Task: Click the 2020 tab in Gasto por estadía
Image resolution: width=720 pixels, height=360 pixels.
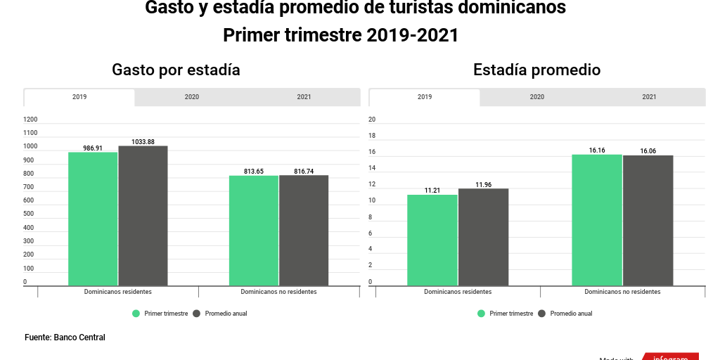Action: (191, 97)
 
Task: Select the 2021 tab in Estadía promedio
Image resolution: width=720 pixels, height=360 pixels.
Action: (649, 97)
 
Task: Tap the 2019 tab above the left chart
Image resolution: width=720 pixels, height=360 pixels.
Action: (79, 97)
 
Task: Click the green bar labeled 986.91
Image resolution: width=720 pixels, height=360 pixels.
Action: (93, 219)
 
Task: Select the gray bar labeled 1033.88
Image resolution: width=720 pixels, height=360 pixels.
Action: (143, 215)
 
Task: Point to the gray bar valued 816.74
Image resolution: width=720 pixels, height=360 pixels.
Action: (304, 231)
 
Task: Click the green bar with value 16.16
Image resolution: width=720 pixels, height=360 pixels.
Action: (597, 220)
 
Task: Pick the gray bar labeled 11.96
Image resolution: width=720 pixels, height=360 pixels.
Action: (483, 237)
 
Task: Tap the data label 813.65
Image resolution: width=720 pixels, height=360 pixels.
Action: (253, 171)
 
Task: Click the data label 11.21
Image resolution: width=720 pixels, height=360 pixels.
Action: (432, 191)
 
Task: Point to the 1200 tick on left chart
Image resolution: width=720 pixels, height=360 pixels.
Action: (30, 120)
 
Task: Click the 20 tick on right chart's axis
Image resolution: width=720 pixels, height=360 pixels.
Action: (372, 120)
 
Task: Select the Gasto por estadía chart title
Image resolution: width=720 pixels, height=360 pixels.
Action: (176, 70)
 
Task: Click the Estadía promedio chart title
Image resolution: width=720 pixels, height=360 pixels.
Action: (536, 70)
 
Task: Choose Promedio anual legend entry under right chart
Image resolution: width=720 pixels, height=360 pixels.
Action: (570, 314)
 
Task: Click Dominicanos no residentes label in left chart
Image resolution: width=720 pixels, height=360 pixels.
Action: (278, 291)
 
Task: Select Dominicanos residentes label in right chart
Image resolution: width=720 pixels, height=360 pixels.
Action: (458, 291)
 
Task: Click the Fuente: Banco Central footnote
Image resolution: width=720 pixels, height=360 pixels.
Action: (65, 337)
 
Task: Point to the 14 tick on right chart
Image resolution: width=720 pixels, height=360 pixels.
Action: (372, 168)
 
